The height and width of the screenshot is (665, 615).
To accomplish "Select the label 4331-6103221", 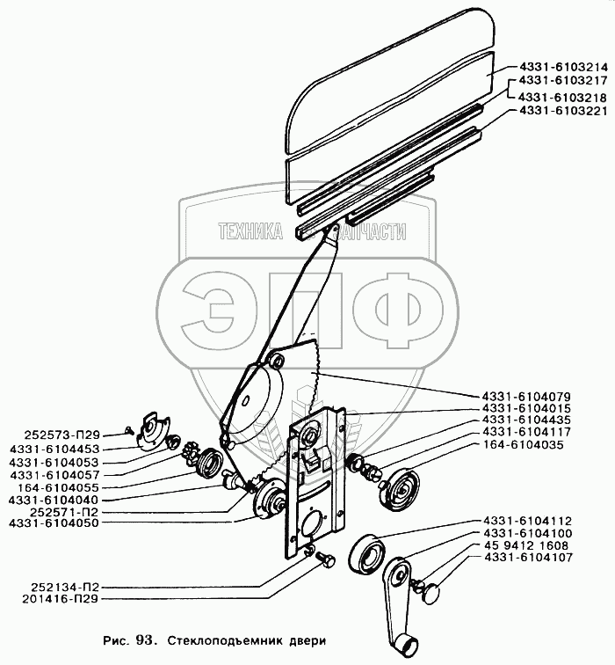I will click(557, 111).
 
